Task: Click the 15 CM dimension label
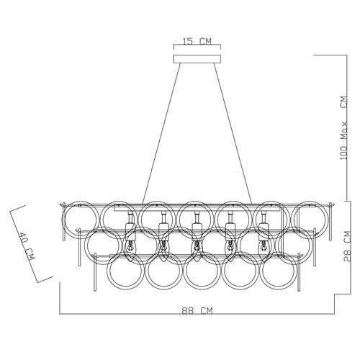click(x=197, y=42)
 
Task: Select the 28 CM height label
click(x=347, y=246)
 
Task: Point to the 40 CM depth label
click(x=27, y=246)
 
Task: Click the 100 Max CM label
click(x=344, y=127)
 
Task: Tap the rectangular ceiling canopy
click(x=197, y=59)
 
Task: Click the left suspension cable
click(x=161, y=134)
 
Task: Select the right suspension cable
click(x=233, y=134)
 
